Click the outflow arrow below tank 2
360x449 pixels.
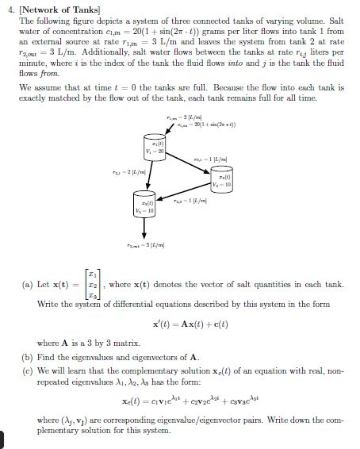coord(143,228)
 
